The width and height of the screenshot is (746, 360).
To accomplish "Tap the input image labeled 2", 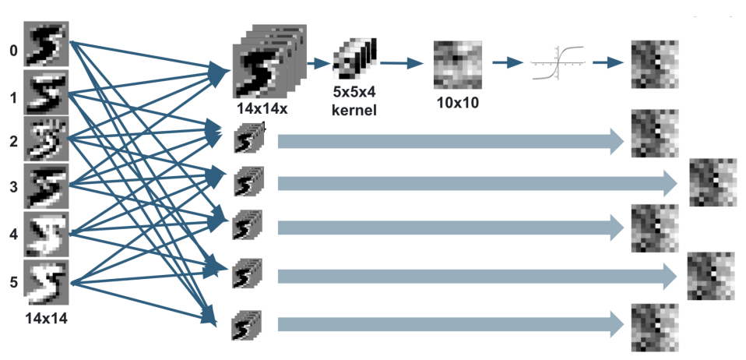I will [x=47, y=138].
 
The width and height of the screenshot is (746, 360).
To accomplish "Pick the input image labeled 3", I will [x=47, y=185].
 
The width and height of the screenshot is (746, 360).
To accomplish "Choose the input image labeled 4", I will [x=47, y=232].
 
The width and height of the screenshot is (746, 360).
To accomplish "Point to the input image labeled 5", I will [x=47, y=280].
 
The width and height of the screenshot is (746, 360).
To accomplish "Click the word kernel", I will [x=354, y=111].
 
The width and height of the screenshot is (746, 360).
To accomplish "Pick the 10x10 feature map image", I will [x=456, y=64].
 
